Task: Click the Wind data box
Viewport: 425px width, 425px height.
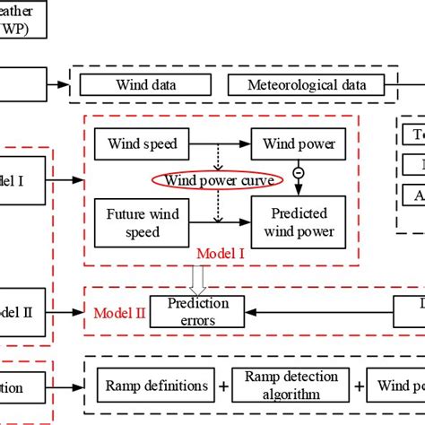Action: click(x=146, y=85)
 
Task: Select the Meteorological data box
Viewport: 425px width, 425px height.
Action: click(x=306, y=85)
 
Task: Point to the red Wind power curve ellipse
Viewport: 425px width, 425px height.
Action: click(x=218, y=180)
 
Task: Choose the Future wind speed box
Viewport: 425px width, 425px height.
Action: click(x=134, y=222)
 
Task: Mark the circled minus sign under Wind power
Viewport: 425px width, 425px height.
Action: click(x=298, y=171)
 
